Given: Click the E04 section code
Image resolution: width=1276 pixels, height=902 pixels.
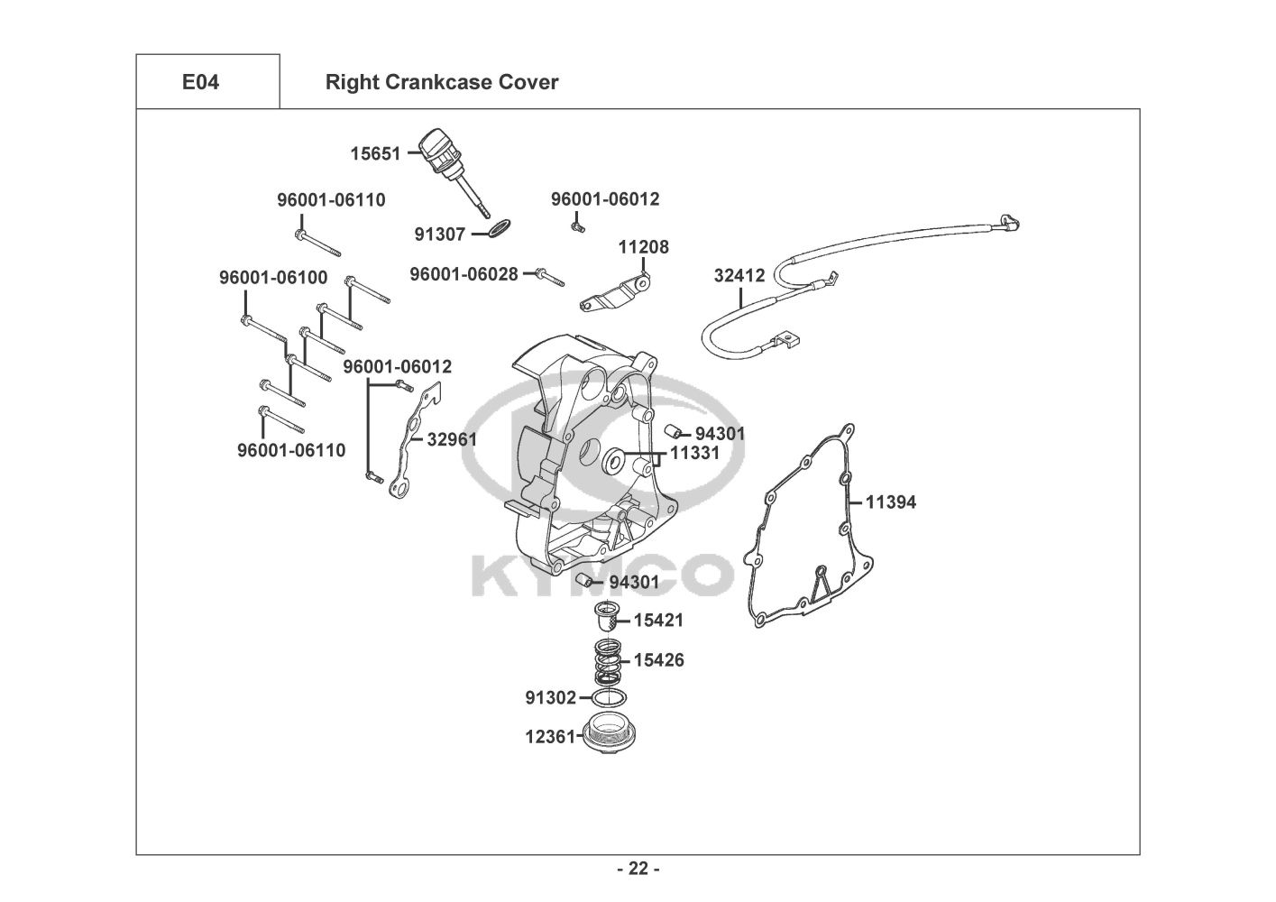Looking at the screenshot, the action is pyautogui.click(x=200, y=82).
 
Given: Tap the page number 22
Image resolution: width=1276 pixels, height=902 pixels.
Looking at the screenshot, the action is pyautogui.click(x=638, y=868).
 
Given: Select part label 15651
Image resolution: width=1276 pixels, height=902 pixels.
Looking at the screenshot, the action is pyautogui.click(x=375, y=154).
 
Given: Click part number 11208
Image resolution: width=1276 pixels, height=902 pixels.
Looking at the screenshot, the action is pyautogui.click(x=644, y=247).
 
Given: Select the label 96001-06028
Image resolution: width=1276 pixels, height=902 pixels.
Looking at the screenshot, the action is pyautogui.click(x=464, y=274).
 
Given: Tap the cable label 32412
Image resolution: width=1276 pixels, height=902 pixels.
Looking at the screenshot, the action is pyautogui.click(x=739, y=276).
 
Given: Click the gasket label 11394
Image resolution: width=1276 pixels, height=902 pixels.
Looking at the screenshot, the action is pyautogui.click(x=891, y=502).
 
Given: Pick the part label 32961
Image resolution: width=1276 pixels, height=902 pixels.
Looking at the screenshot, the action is pyautogui.click(x=453, y=440).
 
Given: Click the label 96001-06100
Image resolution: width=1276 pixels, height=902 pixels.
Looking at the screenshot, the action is pyautogui.click(x=273, y=278).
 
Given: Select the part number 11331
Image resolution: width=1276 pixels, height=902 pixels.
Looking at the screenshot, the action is pyautogui.click(x=694, y=454).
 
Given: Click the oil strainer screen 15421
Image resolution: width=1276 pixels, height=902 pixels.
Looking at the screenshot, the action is pyautogui.click(x=605, y=616).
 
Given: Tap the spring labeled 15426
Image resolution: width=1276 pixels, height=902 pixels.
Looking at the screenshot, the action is pyautogui.click(x=608, y=661).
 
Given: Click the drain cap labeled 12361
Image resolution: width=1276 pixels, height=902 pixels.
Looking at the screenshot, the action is pyautogui.click(x=609, y=734).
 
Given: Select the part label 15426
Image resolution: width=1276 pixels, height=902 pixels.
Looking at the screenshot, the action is pyautogui.click(x=659, y=660).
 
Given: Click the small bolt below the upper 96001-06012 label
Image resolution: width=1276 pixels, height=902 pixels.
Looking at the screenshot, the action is pyautogui.click(x=578, y=227).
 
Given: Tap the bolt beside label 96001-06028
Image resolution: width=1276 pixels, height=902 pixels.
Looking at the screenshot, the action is pyautogui.click(x=551, y=277).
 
